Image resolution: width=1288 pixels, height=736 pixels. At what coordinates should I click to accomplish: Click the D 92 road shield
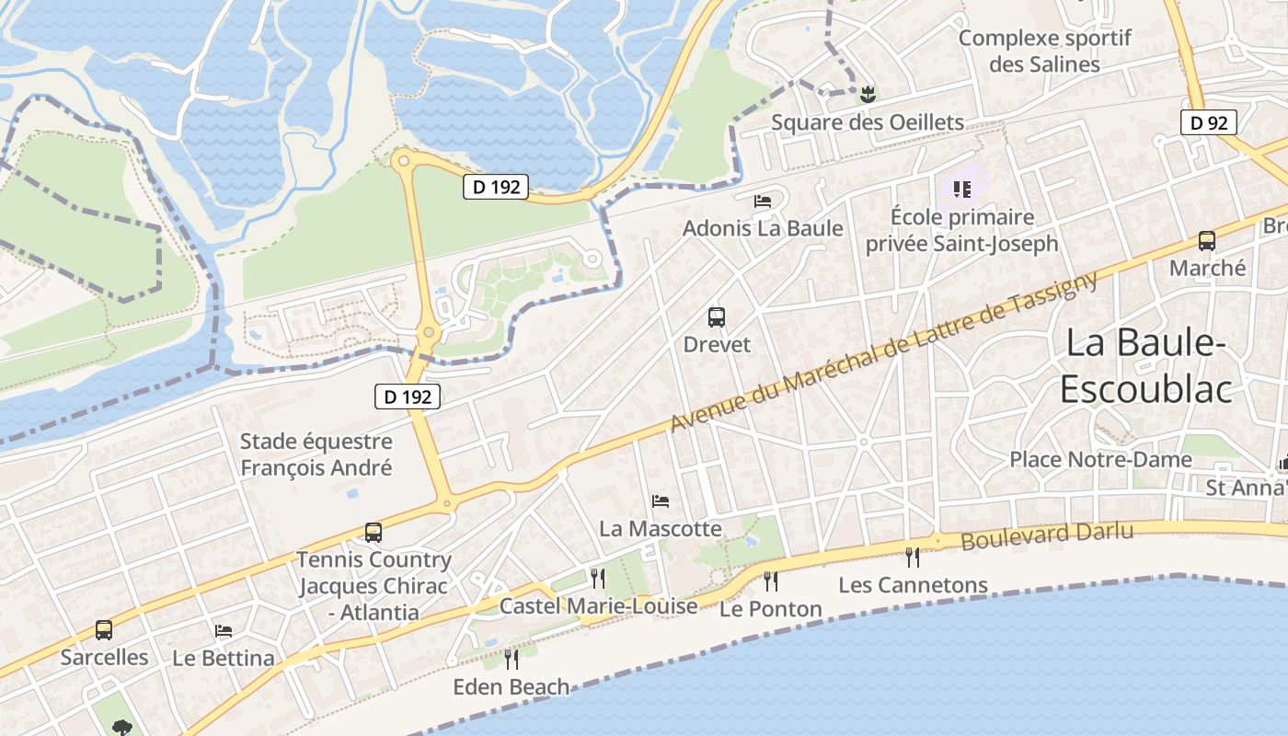click(1208, 122)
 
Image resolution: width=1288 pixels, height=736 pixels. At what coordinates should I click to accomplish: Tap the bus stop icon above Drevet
click(717, 318)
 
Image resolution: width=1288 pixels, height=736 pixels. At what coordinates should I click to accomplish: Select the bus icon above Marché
click(1206, 241)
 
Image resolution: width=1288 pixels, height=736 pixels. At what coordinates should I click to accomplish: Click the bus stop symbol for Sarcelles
click(104, 630)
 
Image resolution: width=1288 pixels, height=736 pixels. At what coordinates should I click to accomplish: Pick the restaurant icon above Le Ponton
click(770, 581)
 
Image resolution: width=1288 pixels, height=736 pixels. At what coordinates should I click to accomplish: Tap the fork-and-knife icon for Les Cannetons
click(912, 557)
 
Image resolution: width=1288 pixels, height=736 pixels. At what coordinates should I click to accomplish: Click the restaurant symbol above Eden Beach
click(511, 659)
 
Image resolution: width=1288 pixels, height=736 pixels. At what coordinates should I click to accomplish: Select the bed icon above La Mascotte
click(660, 501)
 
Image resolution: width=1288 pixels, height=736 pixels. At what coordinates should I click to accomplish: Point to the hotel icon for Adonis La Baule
click(762, 201)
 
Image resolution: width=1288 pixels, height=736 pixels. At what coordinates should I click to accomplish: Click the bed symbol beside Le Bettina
click(223, 631)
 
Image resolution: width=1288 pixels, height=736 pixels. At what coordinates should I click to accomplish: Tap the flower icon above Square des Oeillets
click(866, 93)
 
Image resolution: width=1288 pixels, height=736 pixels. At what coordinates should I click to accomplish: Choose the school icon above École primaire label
click(961, 190)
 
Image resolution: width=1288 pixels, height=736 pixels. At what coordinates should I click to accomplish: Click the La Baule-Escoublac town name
click(1145, 366)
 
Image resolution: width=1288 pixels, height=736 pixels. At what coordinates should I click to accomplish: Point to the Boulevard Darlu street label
click(1047, 535)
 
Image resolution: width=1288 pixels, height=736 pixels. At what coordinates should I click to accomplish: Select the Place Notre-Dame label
click(1100, 459)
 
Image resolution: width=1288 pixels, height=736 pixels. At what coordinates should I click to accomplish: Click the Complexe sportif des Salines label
click(1044, 52)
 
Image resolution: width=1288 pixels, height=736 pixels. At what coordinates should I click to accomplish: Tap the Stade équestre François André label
click(316, 454)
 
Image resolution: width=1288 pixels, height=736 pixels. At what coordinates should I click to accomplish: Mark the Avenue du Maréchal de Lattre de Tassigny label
click(884, 352)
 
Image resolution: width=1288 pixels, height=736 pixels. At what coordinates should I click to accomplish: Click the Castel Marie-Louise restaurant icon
click(598, 578)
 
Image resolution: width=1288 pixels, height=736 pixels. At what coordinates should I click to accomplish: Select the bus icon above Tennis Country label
click(373, 533)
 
